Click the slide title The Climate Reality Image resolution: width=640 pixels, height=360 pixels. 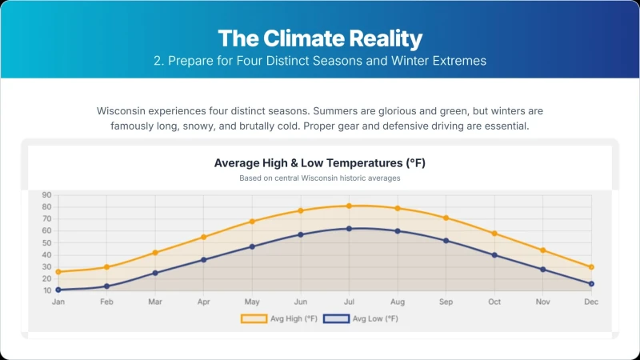coord(320,38)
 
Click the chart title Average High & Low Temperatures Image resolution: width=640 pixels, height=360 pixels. coord(320,163)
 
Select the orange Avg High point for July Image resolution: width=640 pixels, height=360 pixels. coord(349,206)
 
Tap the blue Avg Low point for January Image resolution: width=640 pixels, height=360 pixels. coord(58,290)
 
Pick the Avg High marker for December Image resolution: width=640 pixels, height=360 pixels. coord(591,267)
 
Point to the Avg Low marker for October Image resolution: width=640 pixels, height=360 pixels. coord(494,255)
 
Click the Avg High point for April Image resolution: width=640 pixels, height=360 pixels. coord(204,237)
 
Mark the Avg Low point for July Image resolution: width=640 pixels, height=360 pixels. coord(349,229)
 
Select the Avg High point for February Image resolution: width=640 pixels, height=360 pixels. coord(106,267)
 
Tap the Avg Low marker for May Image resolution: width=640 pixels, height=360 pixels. coord(252,246)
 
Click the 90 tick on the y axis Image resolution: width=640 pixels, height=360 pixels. coord(46,195)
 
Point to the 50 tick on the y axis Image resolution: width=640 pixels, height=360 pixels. coord(46,243)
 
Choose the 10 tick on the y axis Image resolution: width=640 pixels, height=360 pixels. coord(47,290)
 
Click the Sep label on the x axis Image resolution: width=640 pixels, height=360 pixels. coord(446,302)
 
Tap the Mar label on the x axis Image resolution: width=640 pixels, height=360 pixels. coord(155,302)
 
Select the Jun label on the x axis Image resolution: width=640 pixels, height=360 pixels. coord(301,302)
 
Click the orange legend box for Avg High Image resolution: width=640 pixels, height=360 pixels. coord(254,318)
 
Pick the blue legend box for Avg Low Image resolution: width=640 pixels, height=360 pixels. coord(336,318)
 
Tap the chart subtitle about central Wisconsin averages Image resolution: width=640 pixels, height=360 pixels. coord(320,178)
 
